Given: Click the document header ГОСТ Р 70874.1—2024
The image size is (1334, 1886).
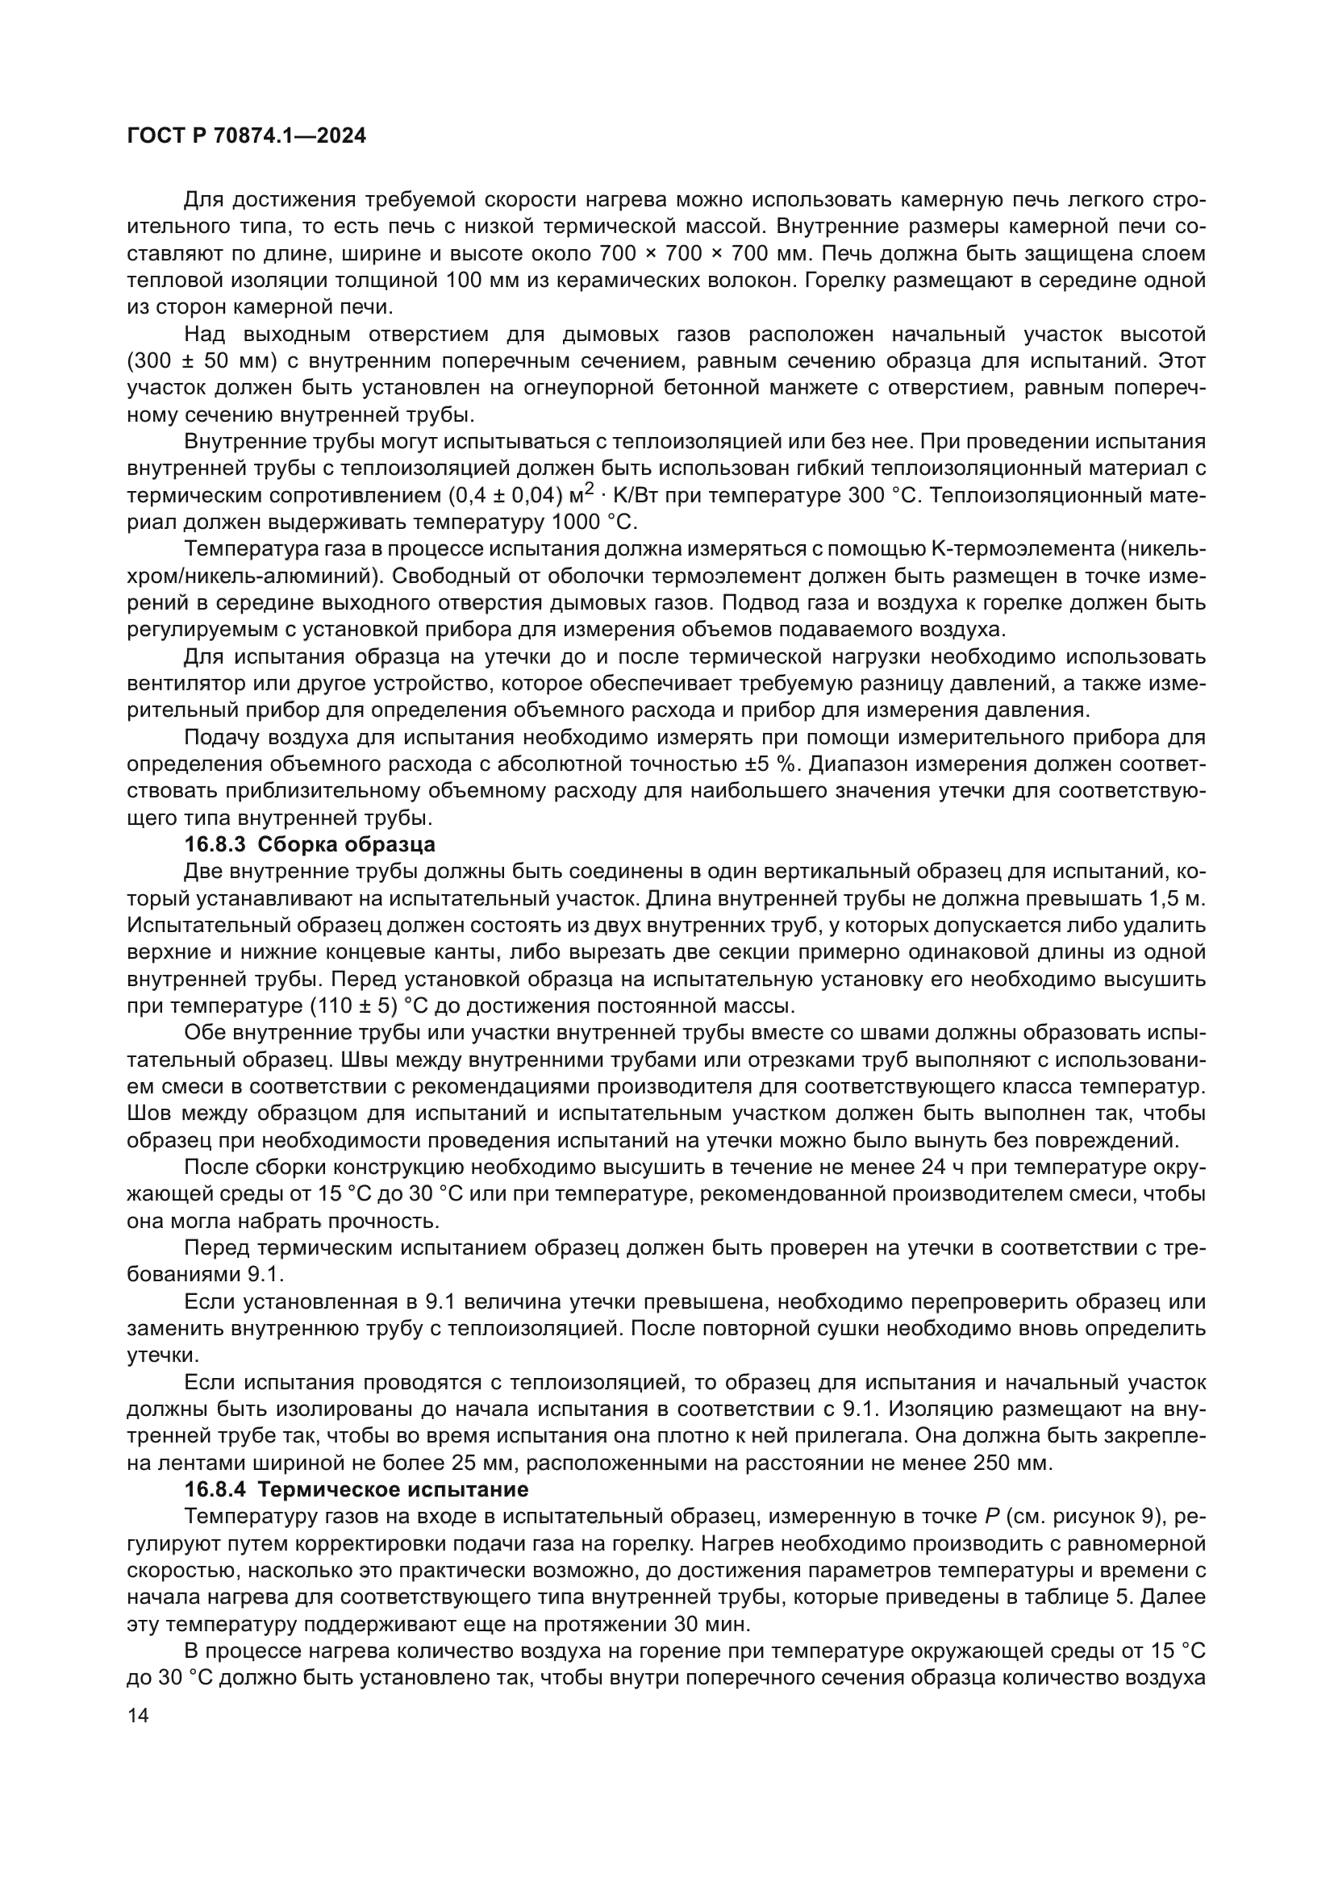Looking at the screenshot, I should [248, 135].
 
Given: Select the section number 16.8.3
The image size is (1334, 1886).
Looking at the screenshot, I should [215, 843].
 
